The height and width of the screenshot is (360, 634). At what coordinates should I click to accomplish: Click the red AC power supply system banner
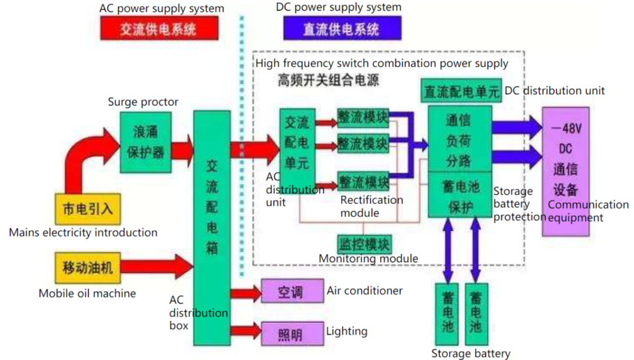pyautogui.click(x=159, y=29)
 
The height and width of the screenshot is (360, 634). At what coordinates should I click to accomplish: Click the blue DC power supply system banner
pyautogui.click(x=341, y=29)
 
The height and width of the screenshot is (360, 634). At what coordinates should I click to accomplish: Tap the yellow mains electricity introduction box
pyautogui.click(x=87, y=209)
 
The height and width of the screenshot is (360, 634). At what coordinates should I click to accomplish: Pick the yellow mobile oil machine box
pyautogui.click(x=87, y=268)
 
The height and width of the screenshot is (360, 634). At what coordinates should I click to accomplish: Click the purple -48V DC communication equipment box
pyautogui.click(x=566, y=171)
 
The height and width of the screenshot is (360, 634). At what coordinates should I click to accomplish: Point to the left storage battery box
pyautogui.click(x=447, y=314)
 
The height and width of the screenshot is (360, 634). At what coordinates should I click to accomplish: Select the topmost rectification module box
pyautogui.click(x=363, y=118)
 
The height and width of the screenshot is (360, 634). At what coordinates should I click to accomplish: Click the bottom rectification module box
pyautogui.click(x=363, y=183)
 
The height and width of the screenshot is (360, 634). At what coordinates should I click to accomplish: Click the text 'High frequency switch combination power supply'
pyautogui.click(x=381, y=63)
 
